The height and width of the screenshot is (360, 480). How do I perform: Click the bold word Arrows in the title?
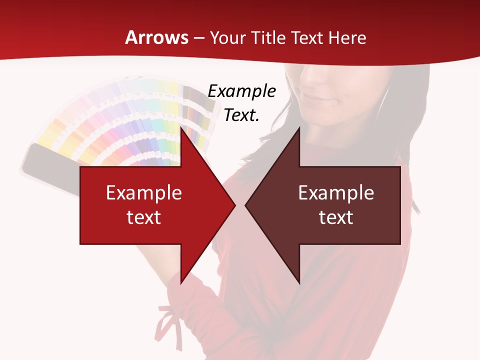point(157,37)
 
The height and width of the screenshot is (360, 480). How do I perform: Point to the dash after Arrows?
point(199,38)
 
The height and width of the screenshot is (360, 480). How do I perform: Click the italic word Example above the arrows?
point(241,91)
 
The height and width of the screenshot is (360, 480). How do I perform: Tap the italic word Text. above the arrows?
point(241,115)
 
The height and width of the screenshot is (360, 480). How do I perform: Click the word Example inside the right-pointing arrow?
point(144,193)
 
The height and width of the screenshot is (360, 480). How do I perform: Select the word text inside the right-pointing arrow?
point(144,217)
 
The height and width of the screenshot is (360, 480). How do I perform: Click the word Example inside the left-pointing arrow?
point(336,193)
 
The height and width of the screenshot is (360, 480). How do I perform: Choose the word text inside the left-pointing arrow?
point(336,217)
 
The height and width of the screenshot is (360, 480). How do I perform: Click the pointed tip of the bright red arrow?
point(235,205)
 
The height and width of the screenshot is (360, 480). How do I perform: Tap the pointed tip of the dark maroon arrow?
point(245,205)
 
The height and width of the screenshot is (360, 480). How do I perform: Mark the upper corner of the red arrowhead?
point(181,127)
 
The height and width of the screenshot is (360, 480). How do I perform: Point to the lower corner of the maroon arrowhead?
point(299,283)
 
